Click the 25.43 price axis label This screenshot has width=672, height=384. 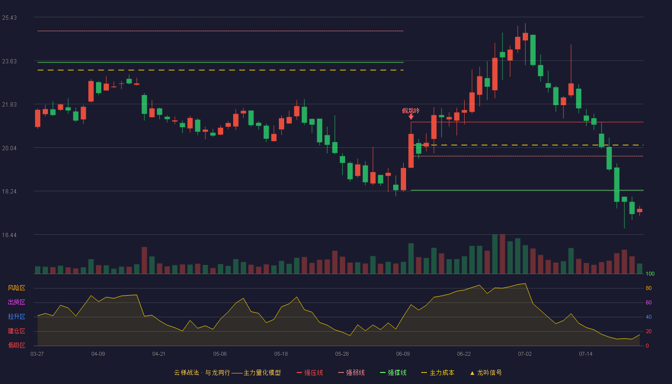pos(9,18)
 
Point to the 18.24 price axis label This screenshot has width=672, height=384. pos(9,192)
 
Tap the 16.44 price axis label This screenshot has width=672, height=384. pos(9,235)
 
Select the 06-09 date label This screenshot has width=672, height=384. pos(403,354)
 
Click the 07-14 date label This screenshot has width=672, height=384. pos(586,354)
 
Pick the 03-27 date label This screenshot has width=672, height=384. pos(37,354)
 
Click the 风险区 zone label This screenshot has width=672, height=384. pos(16,288)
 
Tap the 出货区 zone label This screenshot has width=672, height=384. pos(16,302)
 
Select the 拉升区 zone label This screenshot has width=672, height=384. pos(16,316)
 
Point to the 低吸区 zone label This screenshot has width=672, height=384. pos(16,345)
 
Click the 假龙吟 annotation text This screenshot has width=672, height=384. pos(411,111)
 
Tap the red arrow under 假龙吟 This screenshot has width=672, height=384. pos(411,117)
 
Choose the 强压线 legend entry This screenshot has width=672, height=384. pos(310,372)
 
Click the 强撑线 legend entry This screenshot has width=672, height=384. pos(393,372)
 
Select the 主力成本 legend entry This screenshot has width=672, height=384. pos(438,372)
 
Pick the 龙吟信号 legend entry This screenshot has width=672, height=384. pos(486,372)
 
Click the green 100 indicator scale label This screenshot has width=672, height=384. pos(650,274)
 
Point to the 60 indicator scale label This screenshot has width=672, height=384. pos(648,302)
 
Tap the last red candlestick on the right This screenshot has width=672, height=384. pos(639,211)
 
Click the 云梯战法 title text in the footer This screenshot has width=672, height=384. pos(186,372)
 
